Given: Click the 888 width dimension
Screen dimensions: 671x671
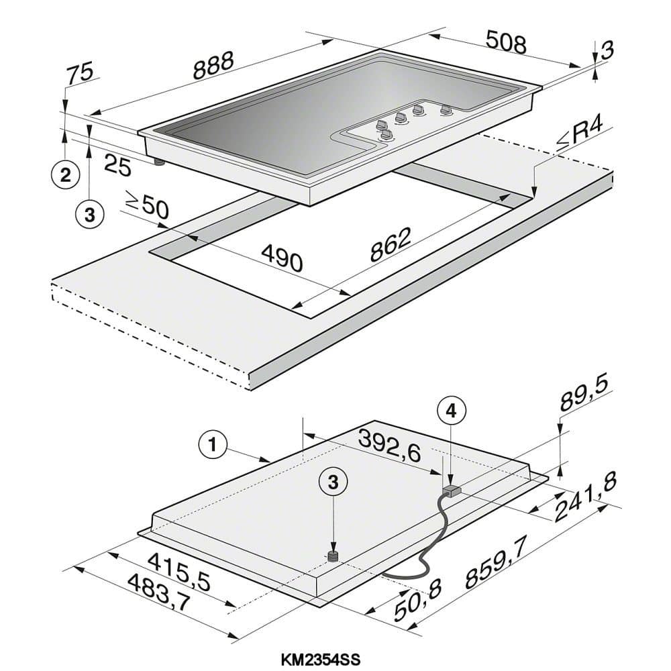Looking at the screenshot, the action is click(213, 66).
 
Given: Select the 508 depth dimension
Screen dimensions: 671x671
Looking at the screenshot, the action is click(506, 42).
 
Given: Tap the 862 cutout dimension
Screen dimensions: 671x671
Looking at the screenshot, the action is click(391, 244).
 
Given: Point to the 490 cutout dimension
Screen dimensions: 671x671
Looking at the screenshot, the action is click(282, 257).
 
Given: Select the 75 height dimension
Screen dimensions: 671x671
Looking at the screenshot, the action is click(80, 72).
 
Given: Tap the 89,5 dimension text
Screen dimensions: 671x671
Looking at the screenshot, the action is click(583, 394).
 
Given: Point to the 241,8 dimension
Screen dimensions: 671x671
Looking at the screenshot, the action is click(586, 498).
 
